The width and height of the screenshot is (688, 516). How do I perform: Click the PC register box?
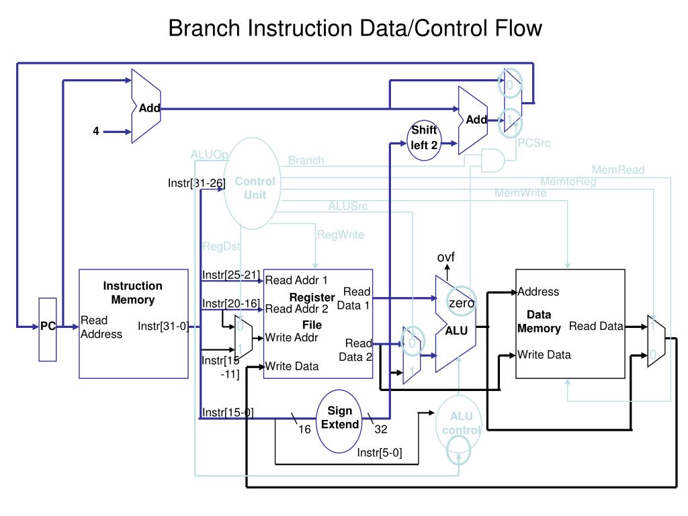click(x=48, y=329)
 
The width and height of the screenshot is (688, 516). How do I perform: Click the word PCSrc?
click(x=533, y=142)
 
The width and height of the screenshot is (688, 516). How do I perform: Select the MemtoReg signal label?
click(x=568, y=181)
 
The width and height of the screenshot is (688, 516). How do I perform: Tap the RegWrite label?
click(x=340, y=234)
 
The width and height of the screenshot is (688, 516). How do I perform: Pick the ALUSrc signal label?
click(x=347, y=206)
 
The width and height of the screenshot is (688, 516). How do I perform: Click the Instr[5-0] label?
click(x=380, y=452)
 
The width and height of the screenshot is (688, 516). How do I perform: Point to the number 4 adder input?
click(x=96, y=132)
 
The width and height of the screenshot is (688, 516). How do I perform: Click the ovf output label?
click(x=446, y=257)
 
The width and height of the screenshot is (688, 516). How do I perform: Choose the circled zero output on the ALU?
click(x=462, y=304)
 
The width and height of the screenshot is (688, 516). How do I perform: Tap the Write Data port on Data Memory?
click(x=544, y=354)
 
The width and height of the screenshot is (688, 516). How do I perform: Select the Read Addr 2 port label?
click(x=296, y=309)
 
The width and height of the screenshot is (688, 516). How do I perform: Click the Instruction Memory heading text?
click(x=132, y=292)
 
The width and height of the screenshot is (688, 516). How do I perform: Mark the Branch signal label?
click(x=306, y=160)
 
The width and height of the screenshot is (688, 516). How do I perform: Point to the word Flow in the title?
click(x=516, y=28)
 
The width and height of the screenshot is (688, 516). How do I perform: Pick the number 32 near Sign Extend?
click(x=381, y=429)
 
